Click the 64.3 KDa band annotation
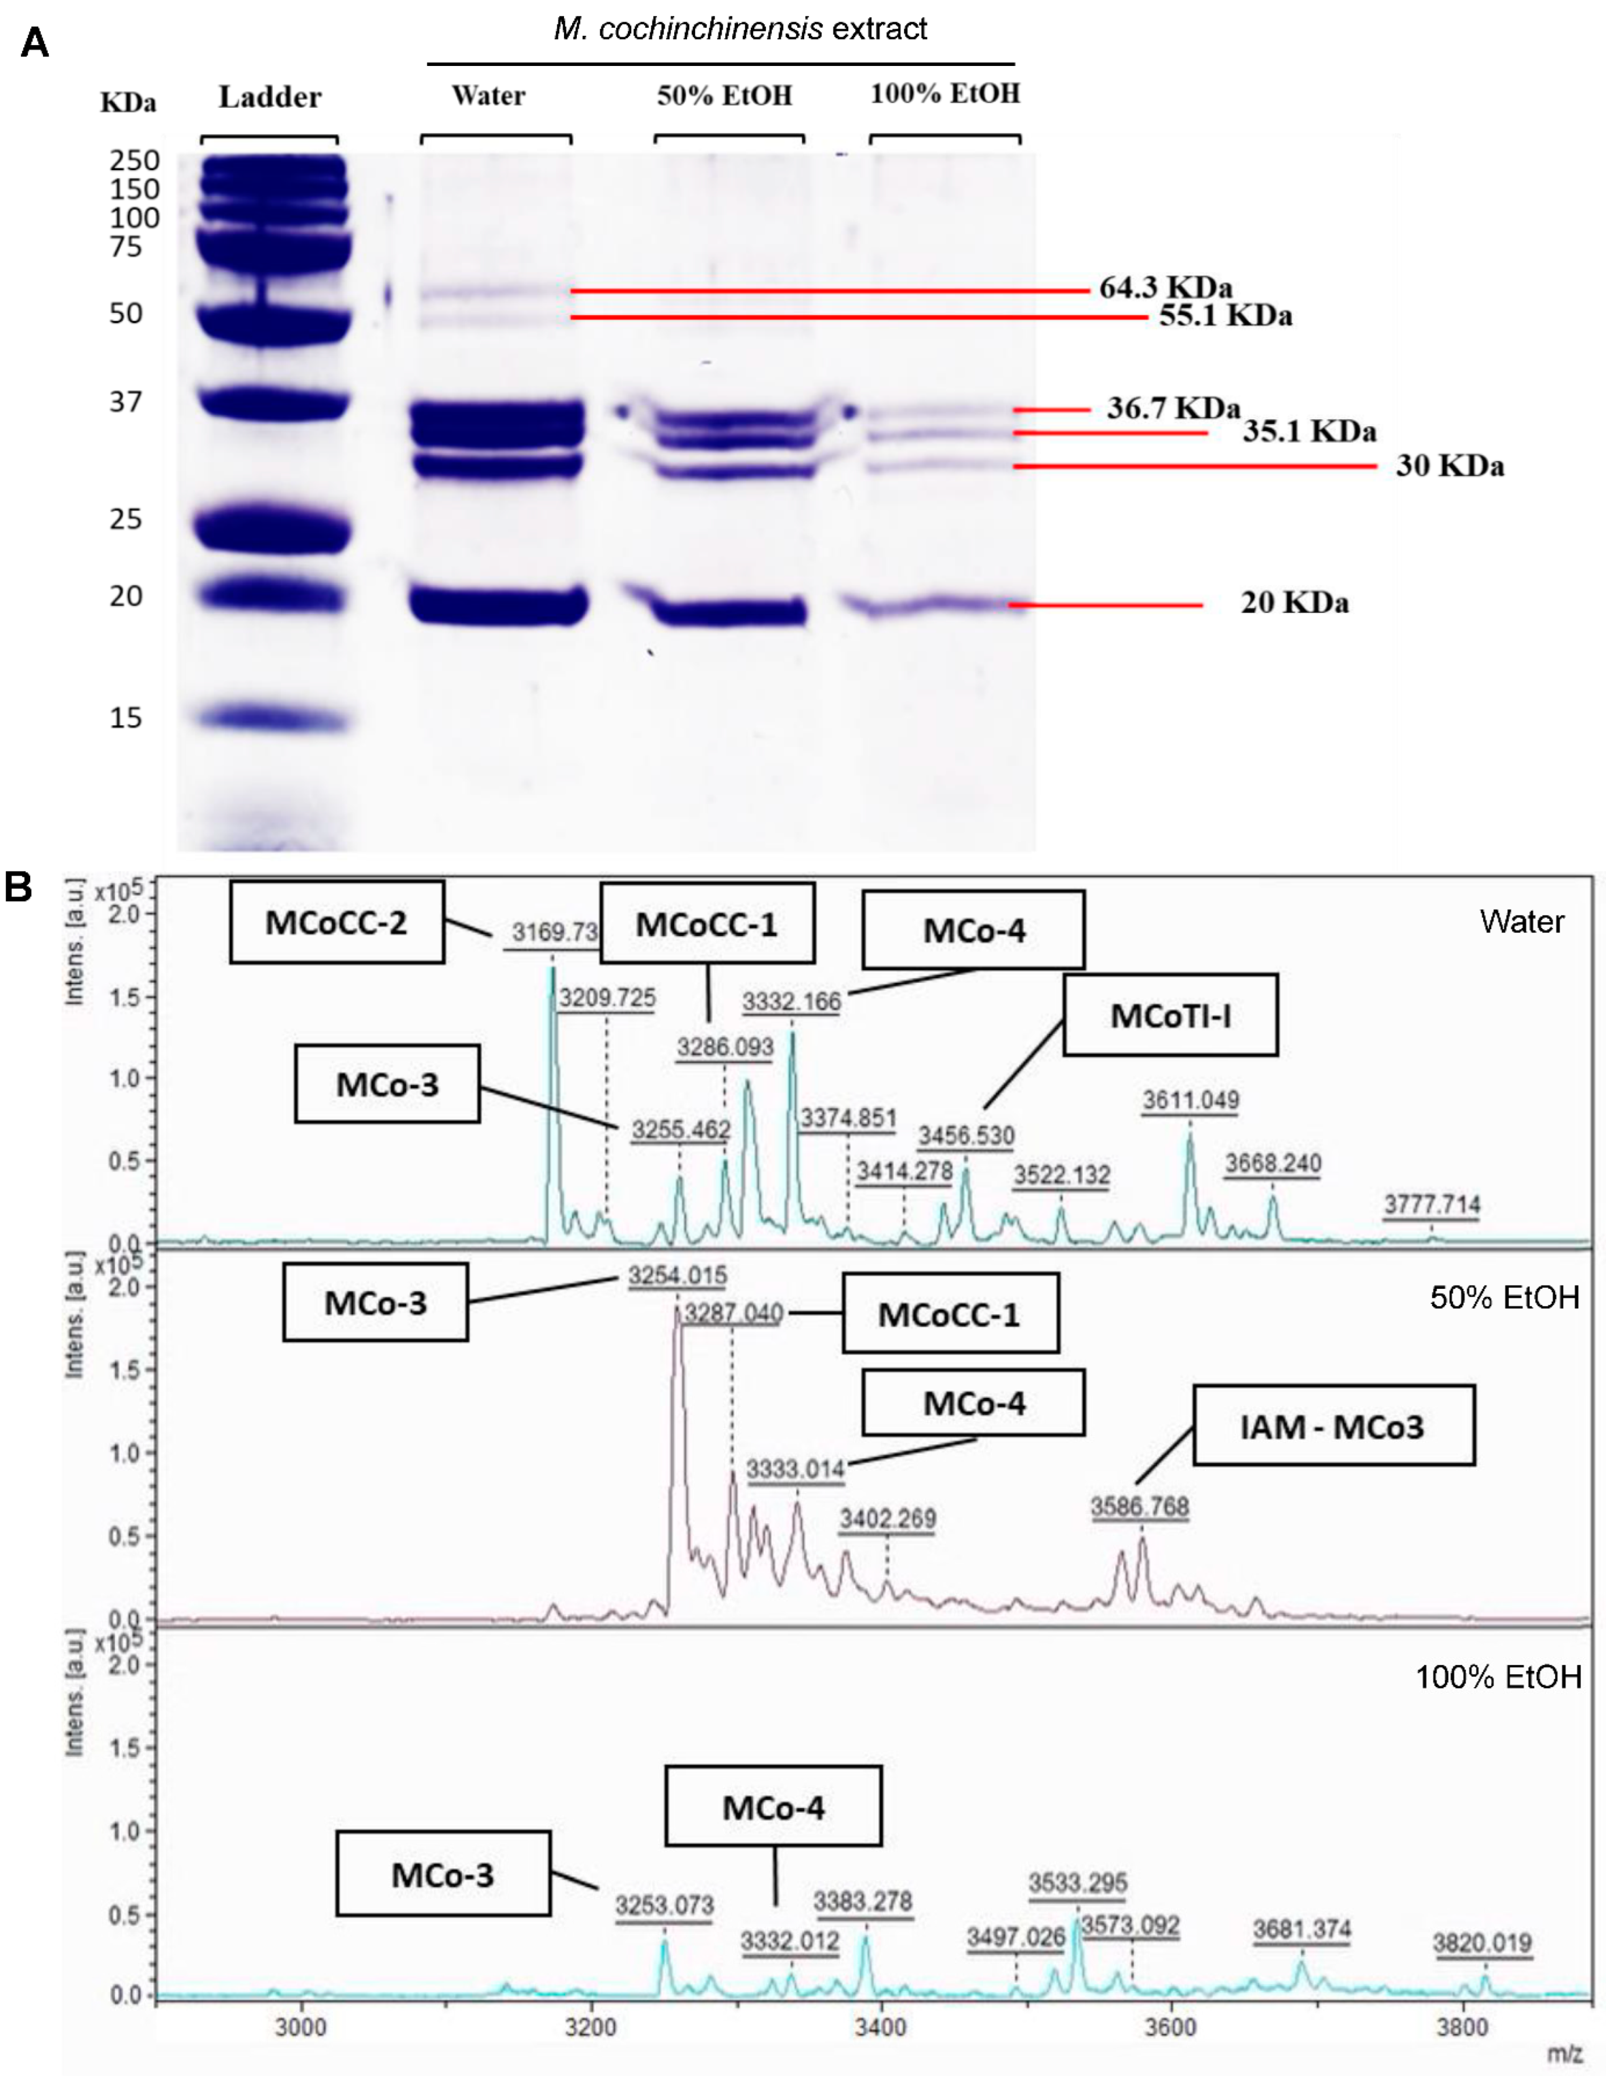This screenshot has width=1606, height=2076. (x=1166, y=287)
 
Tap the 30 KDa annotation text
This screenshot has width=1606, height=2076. (x=1449, y=466)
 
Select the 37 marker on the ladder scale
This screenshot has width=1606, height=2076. (x=126, y=402)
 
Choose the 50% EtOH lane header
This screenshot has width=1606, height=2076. (x=725, y=95)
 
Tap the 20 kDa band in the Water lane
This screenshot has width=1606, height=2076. (x=498, y=605)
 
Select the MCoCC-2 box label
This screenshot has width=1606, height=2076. (x=337, y=922)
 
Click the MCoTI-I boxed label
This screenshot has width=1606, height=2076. (x=1171, y=1015)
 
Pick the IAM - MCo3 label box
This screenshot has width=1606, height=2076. (x=1333, y=1427)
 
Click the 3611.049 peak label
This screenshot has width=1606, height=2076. (x=1190, y=1100)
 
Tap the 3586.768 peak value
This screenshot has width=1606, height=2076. (x=1139, y=1507)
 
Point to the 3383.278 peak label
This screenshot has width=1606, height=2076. (x=863, y=1901)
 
